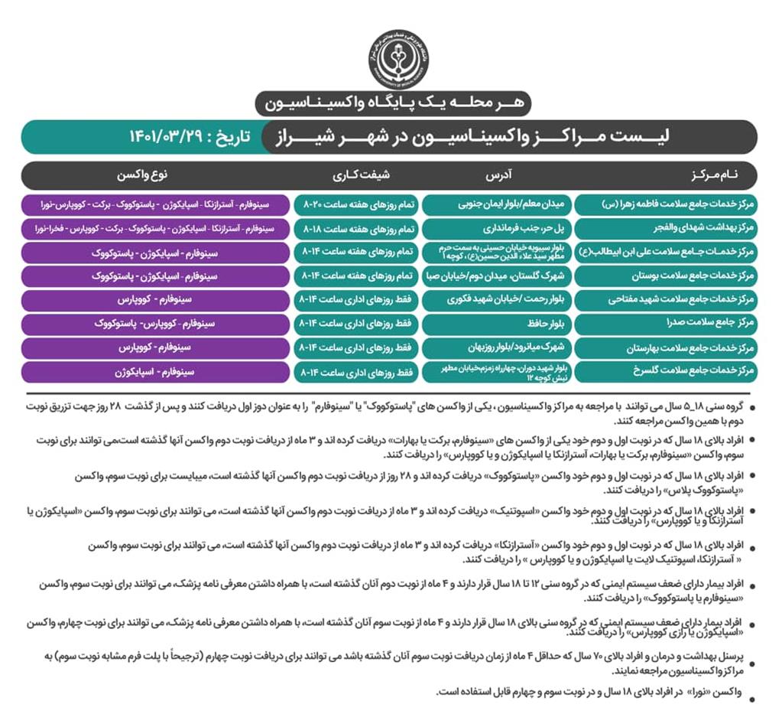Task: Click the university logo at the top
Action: [x=398, y=59]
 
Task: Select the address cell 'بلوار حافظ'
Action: [x=496, y=324]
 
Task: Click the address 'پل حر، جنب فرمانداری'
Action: [x=496, y=229]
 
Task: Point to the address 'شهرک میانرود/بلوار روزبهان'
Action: [x=496, y=347]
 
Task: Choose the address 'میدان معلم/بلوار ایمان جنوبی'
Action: [x=496, y=205]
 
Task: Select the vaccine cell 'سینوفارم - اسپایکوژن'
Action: [x=155, y=372]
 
